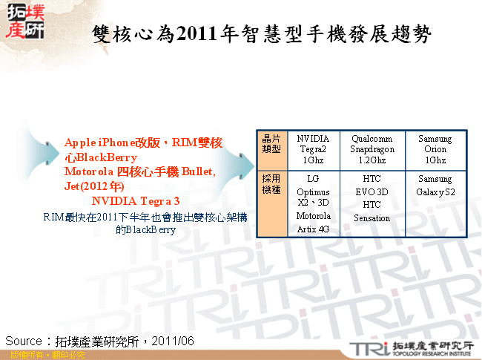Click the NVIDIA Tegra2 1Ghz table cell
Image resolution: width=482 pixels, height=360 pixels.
[313, 149]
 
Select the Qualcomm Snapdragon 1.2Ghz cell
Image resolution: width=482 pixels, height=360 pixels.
[372, 149]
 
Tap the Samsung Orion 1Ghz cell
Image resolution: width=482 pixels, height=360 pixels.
[435, 149]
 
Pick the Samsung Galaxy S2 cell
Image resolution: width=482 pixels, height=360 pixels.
[435, 186]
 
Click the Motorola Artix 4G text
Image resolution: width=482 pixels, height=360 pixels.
[313, 223]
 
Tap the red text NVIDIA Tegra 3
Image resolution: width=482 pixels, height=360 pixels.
[136, 201]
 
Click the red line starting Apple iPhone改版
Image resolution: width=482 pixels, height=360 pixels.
[143, 143]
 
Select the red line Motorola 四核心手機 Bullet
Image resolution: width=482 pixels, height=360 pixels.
[140, 171]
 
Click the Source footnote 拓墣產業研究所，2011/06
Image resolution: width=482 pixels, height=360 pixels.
[99, 341]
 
